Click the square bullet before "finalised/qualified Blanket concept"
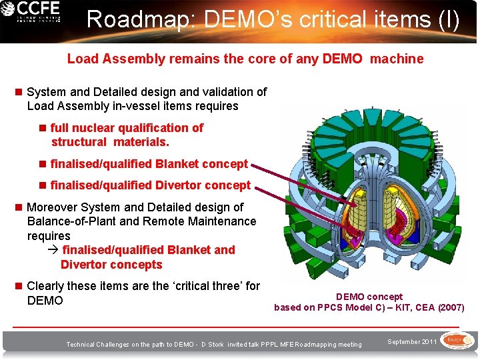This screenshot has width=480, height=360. (44, 164)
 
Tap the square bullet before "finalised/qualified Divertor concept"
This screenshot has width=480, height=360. (44, 185)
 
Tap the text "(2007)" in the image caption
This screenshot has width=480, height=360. (451, 308)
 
